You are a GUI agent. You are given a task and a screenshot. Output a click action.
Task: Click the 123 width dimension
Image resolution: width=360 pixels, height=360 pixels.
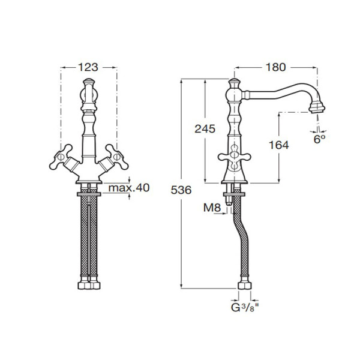click(88, 67)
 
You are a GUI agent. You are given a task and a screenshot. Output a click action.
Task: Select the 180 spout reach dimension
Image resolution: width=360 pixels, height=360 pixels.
click(276, 67)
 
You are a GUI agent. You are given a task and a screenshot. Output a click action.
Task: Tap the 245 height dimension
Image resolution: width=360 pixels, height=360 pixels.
click(205, 129)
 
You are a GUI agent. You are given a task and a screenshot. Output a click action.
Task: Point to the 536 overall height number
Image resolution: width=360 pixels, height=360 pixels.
click(181, 190)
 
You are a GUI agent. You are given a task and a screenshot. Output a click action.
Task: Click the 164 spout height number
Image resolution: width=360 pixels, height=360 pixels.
click(279, 145)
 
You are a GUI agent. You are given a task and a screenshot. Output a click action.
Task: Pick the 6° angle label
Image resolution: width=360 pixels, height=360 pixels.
click(320, 139)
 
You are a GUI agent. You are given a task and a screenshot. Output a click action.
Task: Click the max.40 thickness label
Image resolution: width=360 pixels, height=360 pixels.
click(129, 188)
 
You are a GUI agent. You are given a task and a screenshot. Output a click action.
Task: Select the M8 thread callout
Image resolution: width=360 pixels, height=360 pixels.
click(212, 208)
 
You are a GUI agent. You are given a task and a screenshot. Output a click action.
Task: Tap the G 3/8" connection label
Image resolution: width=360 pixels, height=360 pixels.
click(245, 308)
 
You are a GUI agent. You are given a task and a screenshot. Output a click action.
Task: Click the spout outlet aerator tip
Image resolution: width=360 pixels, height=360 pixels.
click(317, 107)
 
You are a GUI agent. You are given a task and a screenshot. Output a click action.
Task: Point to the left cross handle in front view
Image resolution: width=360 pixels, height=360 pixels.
click(60, 157)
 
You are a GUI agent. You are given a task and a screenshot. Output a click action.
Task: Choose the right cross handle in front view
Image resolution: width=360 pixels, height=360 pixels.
click(117, 157)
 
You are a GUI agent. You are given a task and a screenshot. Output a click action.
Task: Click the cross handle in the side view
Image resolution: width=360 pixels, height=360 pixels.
click(234, 157)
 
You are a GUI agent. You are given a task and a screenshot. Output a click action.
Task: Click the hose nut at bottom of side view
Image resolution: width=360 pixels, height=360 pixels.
click(245, 286)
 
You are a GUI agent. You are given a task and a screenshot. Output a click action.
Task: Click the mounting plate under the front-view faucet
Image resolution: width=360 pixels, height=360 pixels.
click(89, 194)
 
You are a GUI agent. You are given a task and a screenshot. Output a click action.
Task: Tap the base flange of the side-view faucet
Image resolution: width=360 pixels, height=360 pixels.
click(235, 182)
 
